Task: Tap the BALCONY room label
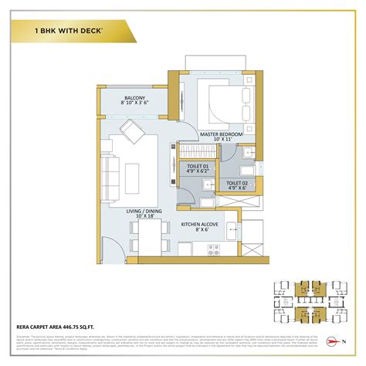pyautogui.click(x=134, y=98)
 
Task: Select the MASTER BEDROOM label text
pyautogui.click(x=221, y=133)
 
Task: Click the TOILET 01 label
pyautogui.click(x=198, y=166)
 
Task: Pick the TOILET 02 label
pyautogui.click(x=236, y=182)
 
